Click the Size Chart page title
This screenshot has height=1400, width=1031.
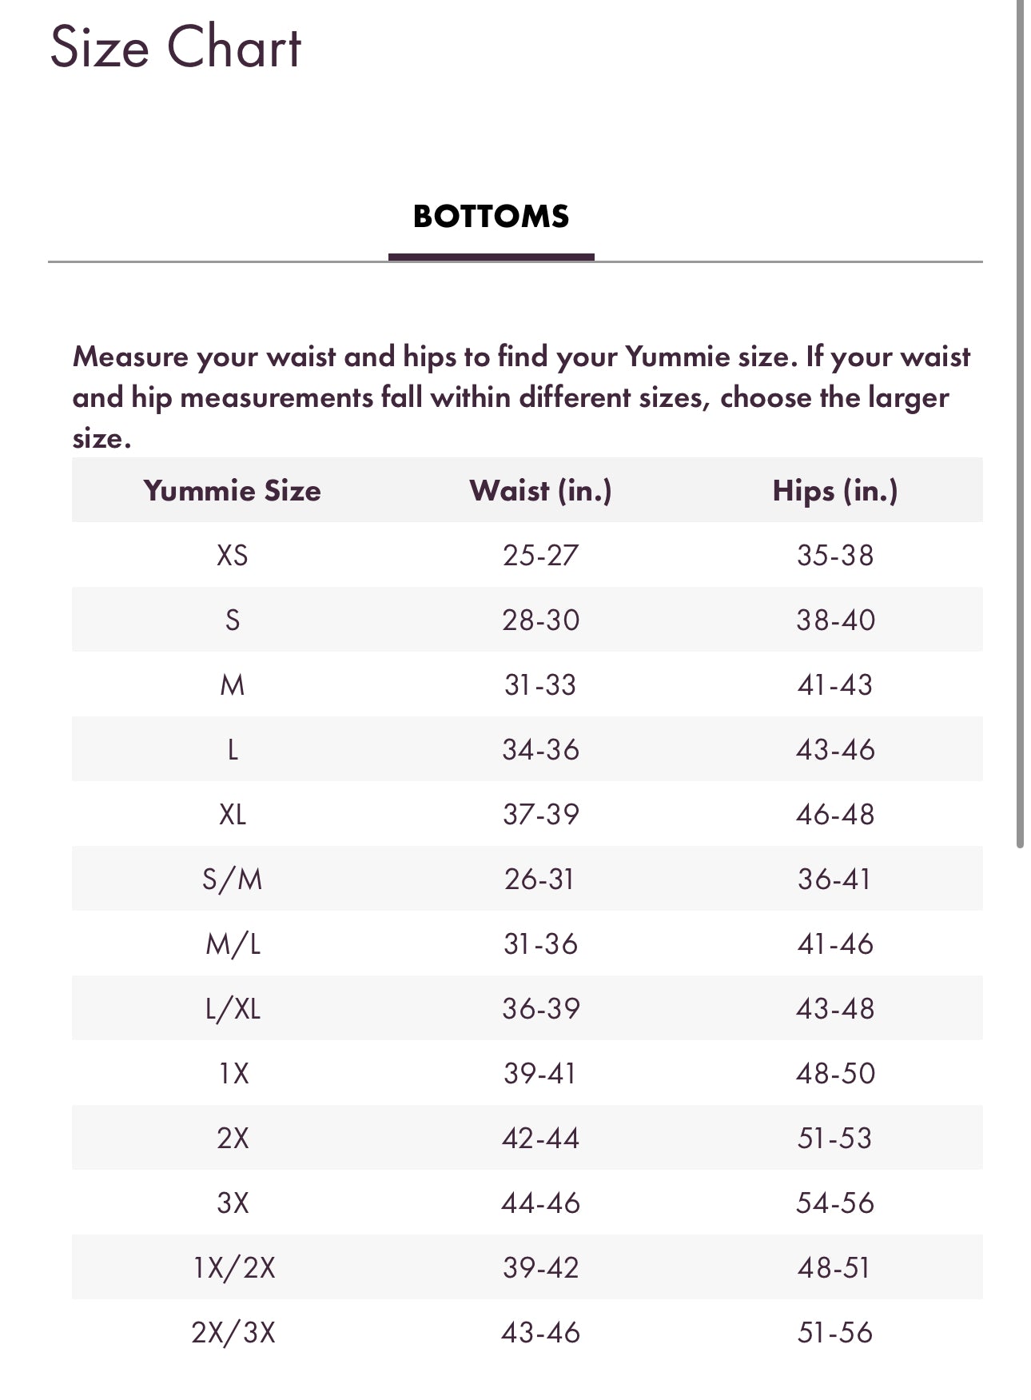[176, 47]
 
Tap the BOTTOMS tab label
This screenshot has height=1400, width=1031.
[491, 217]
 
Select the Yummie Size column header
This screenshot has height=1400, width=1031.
[232, 490]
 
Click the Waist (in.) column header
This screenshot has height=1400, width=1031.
[540, 490]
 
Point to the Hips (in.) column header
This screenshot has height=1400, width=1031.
[835, 490]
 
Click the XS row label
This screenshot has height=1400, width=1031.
[232, 555]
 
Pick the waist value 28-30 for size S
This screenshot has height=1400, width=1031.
[540, 620]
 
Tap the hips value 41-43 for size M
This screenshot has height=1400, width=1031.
[835, 684]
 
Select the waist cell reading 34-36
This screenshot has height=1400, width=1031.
[540, 749]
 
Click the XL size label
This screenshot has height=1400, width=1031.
[232, 814]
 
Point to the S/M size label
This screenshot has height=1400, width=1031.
[232, 879]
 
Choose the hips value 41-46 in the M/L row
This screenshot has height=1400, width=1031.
[835, 944]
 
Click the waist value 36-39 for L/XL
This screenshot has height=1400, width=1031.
[540, 1009]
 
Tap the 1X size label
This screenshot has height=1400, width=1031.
[233, 1074]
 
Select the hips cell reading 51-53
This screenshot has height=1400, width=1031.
[835, 1139]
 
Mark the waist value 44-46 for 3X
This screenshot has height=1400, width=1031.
[540, 1203]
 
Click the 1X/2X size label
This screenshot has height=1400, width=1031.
[233, 1268]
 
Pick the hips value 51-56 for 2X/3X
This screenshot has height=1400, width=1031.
[835, 1333]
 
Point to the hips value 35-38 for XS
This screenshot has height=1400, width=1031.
[835, 555]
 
